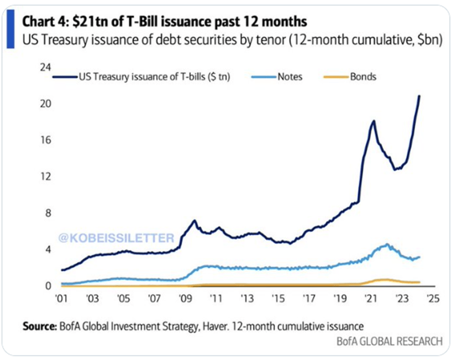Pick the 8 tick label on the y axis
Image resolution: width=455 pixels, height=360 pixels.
[49, 213]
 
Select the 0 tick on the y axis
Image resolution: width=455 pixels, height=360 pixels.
[49, 286]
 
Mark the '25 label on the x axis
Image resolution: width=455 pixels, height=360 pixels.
[432, 298]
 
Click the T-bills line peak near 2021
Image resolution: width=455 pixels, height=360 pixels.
[373, 121]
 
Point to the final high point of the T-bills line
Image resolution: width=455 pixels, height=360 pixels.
[420, 96]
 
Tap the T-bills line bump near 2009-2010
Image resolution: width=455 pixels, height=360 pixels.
[194, 221]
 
